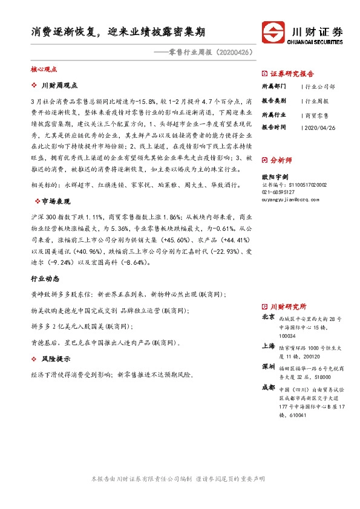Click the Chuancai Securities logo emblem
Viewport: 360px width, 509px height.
(272, 33)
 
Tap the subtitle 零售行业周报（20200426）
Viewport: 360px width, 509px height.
(205, 53)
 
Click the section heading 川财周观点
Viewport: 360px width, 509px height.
(59, 85)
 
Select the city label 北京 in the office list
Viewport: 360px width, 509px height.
(267, 316)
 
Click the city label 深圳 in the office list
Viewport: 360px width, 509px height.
(267, 367)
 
